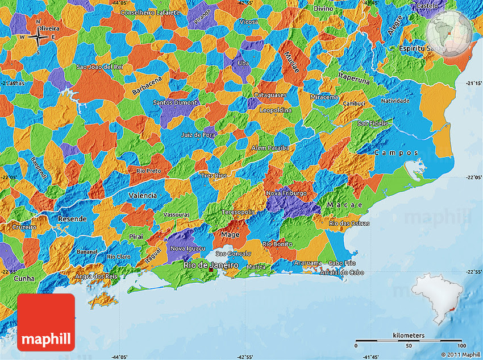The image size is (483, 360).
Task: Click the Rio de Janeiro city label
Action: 210,265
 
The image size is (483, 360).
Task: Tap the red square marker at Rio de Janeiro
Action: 211,271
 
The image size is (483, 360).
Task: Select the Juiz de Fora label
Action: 199,135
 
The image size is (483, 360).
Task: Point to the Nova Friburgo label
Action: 286,193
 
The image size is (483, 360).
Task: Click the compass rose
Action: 38,37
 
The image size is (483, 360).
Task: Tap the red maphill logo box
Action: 46,322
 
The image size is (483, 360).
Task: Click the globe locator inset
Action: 449,34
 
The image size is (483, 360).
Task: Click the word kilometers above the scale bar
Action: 408,336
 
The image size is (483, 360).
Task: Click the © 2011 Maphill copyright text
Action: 456,354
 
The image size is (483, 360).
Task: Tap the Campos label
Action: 396,152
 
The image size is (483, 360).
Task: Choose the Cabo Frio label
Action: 342,263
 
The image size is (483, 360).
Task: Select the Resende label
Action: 73,218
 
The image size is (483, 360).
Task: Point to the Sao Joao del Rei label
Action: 99,67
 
